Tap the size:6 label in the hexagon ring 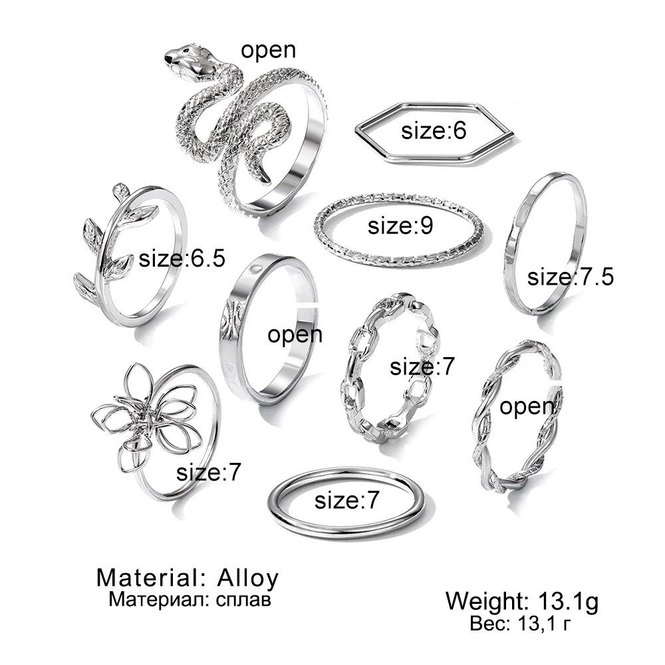point(434,131)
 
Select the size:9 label point(400,226)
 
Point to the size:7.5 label point(570,276)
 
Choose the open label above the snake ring point(268,51)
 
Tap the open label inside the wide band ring point(295,334)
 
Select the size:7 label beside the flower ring point(208,473)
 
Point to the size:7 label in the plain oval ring point(346,500)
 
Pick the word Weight point(483,602)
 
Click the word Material point(146,577)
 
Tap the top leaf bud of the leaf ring point(120,190)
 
